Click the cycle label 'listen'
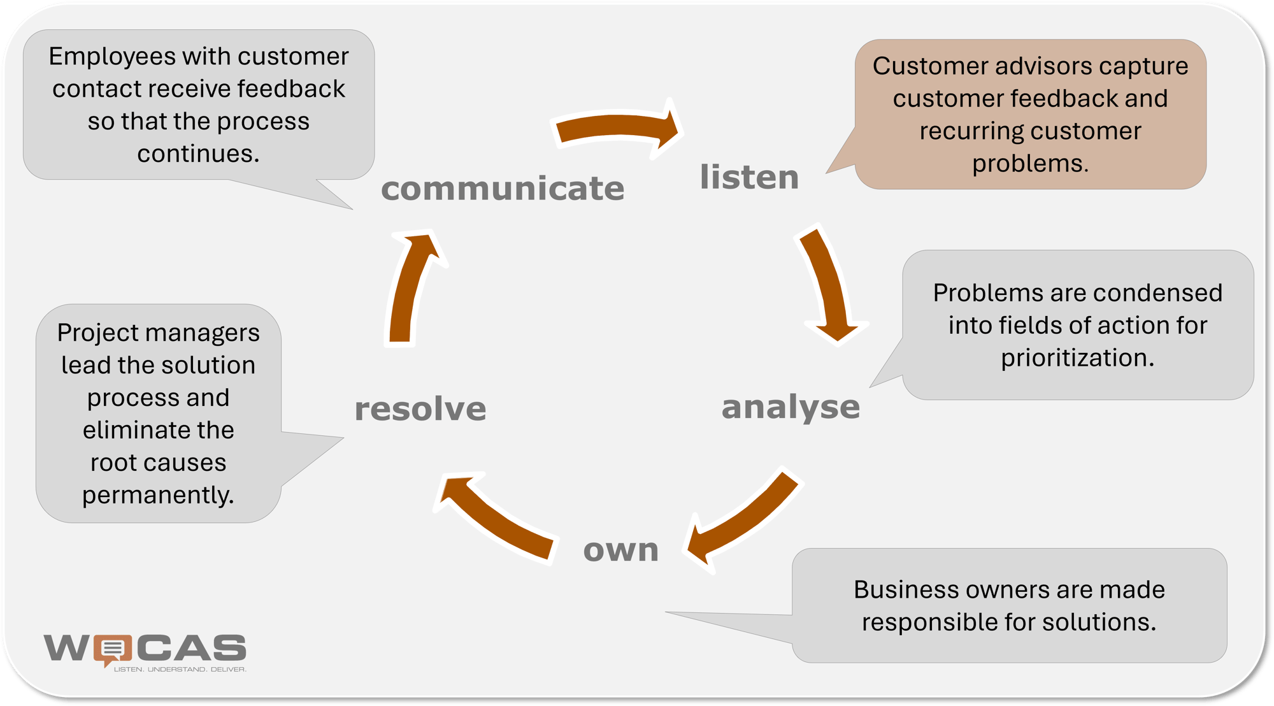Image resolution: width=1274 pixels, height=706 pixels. [x=749, y=177]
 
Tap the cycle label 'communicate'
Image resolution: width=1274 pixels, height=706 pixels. [x=503, y=189]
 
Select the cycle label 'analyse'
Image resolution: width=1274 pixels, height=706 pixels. [x=791, y=407]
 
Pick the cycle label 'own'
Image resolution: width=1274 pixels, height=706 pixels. [x=621, y=550]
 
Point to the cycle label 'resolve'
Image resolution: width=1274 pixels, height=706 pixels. [x=420, y=408]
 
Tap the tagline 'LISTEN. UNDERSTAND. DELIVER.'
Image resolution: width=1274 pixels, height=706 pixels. [x=180, y=670]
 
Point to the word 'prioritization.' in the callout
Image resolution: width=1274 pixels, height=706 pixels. [x=1078, y=358]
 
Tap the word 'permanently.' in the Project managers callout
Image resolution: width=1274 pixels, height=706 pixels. [x=159, y=495]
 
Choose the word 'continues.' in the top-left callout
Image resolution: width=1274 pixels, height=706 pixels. [x=199, y=154]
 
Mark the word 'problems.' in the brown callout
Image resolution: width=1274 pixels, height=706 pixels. [x=1030, y=164]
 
